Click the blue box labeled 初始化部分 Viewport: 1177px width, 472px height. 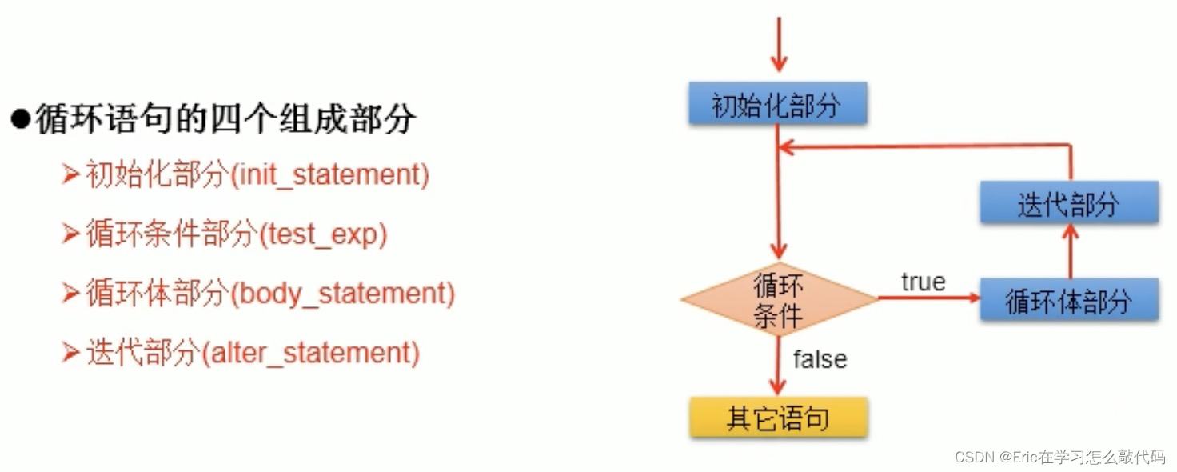click(777, 104)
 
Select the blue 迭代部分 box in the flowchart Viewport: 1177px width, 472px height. click(1069, 202)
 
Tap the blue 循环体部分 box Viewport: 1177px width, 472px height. click(1069, 300)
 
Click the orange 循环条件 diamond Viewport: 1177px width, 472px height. click(779, 300)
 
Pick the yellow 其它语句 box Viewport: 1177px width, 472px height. click(778, 418)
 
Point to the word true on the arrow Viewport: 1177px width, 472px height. click(924, 282)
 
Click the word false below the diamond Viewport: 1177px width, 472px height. click(820, 359)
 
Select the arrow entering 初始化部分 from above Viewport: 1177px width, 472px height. click(778, 48)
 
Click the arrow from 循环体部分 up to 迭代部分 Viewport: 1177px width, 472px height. click(1070, 250)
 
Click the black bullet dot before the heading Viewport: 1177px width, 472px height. click(20, 120)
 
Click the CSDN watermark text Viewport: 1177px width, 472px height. click(1059, 457)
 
